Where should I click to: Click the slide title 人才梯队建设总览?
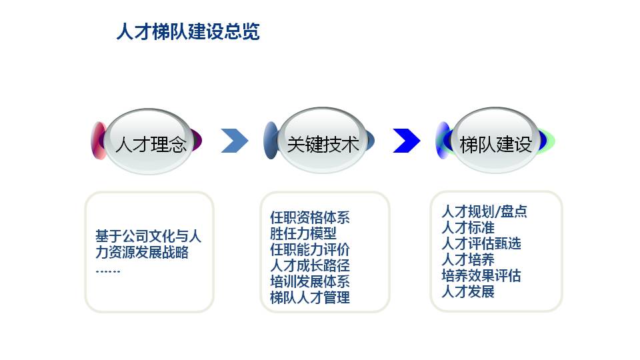(x=188, y=31)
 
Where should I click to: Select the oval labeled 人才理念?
(x=149, y=141)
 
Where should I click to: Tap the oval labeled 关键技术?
(x=323, y=141)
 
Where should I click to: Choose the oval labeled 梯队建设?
(x=495, y=141)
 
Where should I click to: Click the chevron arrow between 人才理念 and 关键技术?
(x=235, y=141)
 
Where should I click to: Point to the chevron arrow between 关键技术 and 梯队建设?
(x=407, y=141)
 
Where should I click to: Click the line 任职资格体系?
(x=310, y=217)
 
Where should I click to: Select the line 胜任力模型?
(x=303, y=233)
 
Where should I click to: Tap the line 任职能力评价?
(x=310, y=249)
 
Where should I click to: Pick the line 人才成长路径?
(x=310, y=265)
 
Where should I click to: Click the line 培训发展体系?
(x=310, y=281)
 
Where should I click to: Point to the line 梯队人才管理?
(x=310, y=297)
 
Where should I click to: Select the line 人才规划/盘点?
(x=484, y=211)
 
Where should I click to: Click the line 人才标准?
(x=468, y=227)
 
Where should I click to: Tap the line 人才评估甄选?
(x=481, y=243)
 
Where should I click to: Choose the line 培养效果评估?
(x=481, y=275)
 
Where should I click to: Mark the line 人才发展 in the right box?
(x=468, y=291)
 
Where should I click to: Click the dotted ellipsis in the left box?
(x=108, y=271)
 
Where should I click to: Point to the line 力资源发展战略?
(x=142, y=252)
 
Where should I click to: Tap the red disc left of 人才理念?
(x=99, y=141)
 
